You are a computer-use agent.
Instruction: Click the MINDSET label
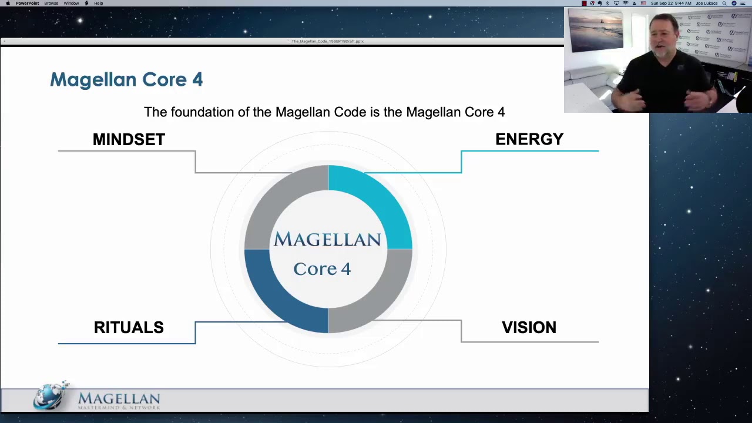tap(129, 139)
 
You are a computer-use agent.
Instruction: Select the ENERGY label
tap(529, 139)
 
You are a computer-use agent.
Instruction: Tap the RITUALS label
tap(129, 327)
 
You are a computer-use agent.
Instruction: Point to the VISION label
tap(529, 327)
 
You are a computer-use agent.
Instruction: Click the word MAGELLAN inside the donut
tap(327, 240)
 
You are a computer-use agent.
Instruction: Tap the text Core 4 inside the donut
tap(322, 268)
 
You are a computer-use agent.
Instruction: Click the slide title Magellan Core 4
tap(126, 79)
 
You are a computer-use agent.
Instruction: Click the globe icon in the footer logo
tap(52, 395)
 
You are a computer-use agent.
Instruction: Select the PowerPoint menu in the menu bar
tap(27, 4)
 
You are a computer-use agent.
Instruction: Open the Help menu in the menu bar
tap(99, 4)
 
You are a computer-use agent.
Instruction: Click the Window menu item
tap(71, 4)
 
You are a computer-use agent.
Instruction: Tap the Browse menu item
tap(51, 4)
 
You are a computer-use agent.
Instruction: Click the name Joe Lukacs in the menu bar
tap(707, 4)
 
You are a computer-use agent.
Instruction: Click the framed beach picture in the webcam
tap(596, 31)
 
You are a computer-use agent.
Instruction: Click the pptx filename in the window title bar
tap(328, 41)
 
